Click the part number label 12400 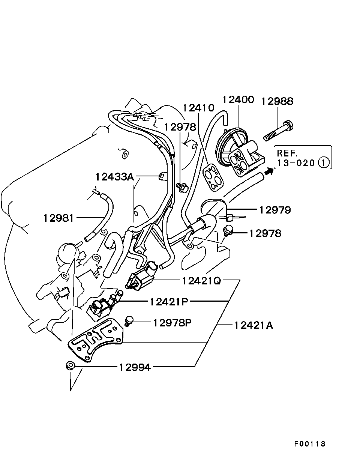(238, 100)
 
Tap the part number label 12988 (277, 101)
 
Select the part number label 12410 (198, 108)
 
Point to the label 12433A (114, 176)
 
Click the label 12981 (59, 218)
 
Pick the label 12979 (274, 210)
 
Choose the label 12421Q (202, 281)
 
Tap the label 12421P (169, 302)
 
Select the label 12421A (253, 325)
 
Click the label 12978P (172, 323)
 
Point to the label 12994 (135, 368)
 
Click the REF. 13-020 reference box (303, 158)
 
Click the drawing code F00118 (310, 444)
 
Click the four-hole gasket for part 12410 (212, 176)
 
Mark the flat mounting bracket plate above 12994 (96, 340)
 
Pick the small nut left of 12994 (69, 366)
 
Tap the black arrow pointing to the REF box (268, 172)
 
